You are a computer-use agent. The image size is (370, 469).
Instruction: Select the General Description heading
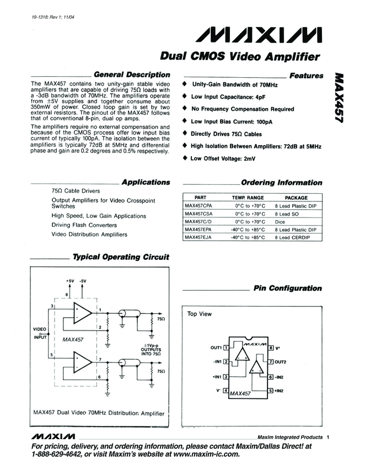click(x=132, y=75)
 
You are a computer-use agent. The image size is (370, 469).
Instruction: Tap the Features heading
click(x=306, y=76)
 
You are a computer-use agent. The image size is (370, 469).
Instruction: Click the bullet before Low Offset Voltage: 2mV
click(x=184, y=158)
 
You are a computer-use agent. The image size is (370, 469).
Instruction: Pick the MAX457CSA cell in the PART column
click(x=199, y=213)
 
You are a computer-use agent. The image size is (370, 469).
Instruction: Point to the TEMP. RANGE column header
click(x=248, y=198)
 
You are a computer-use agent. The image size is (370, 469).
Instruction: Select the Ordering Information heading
click(x=281, y=183)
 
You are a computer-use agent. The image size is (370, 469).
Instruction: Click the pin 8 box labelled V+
click(x=271, y=348)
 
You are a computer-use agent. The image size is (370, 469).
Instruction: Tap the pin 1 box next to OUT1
click(x=226, y=348)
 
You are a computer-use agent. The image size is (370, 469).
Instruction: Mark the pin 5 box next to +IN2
click(x=271, y=391)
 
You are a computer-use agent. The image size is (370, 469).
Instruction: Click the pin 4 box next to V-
click(x=226, y=391)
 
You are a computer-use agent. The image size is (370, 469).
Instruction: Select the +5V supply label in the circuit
click(x=69, y=281)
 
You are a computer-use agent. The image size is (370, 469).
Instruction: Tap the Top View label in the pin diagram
click(x=200, y=314)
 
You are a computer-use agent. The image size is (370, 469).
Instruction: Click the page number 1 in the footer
click(x=328, y=436)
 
